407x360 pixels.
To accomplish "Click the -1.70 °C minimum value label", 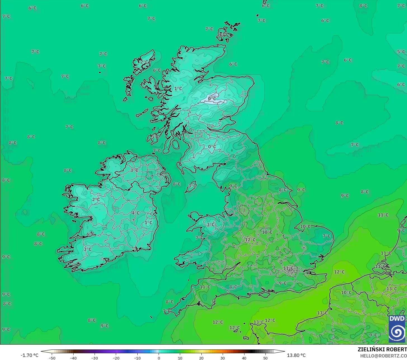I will click(29, 355).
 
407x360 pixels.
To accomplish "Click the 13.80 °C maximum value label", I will click(296, 355).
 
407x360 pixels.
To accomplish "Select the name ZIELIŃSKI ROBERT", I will click(382, 349).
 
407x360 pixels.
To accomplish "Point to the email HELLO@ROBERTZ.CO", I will click(384, 356).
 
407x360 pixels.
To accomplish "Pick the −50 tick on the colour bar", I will click(52, 358).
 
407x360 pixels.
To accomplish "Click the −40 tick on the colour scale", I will click(73, 358).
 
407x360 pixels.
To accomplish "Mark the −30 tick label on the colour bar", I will click(95, 358).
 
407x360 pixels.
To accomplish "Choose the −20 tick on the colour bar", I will click(116, 358).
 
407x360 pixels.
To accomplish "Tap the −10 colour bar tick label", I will click(137, 358).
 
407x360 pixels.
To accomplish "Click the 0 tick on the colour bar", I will click(159, 358).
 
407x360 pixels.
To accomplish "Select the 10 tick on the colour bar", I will click(180, 358).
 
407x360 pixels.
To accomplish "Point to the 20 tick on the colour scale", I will click(201, 358).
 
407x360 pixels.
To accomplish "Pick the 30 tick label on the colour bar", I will click(223, 358).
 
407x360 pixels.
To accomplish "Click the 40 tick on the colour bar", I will click(244, 358).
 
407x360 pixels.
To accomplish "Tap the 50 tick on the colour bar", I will click(265, 358).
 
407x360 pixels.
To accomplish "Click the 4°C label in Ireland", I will click(136, 213).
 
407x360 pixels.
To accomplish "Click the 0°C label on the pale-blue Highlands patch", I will click(212, 98).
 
